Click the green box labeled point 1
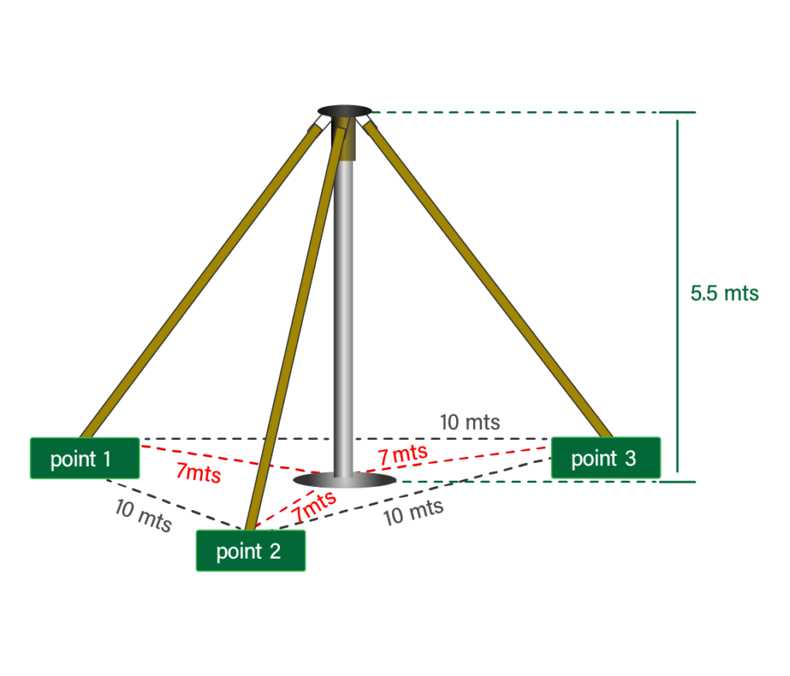coord(84,458)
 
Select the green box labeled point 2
coord(250,551)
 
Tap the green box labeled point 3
coord(606,458)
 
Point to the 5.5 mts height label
coord(724,294)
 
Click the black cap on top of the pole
coord(343,111)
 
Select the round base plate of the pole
coord(345,482)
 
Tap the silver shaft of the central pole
coord(343,309)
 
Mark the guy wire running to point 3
coord(486,278)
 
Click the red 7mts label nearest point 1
coord(198,472)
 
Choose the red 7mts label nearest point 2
coord(314,505)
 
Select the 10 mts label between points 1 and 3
coord(469,422)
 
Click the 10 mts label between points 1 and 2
coord(143,515)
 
